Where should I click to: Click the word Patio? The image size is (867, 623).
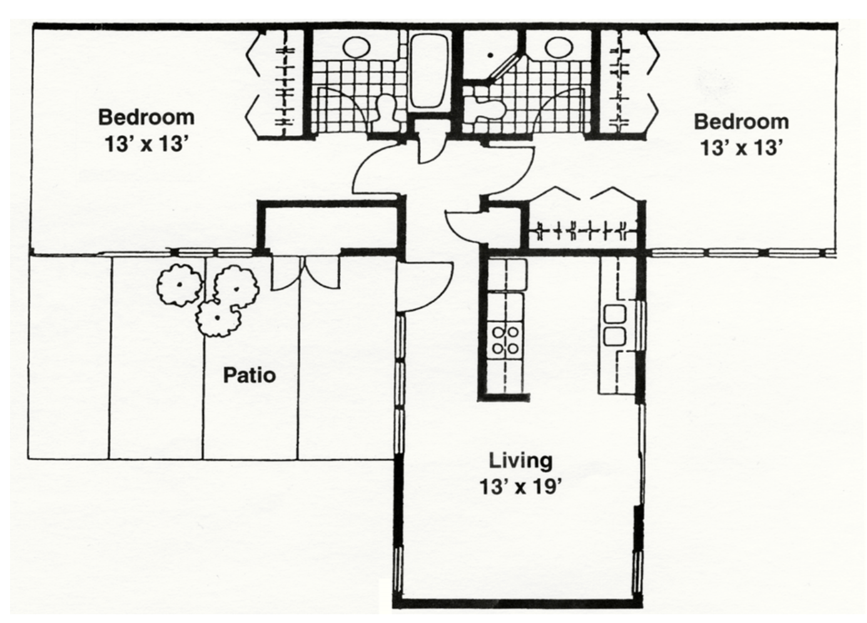[250, 375]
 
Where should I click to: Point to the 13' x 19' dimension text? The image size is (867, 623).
[520, 487]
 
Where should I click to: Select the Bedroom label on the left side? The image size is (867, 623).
[146, 117]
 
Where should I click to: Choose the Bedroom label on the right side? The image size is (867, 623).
[741, 122]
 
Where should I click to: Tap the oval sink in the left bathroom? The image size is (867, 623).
[357, 47]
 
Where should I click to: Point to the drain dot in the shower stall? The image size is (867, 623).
[491, 55]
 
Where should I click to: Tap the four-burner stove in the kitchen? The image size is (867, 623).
[505, 340]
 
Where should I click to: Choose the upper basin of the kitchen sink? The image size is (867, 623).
[614, 315]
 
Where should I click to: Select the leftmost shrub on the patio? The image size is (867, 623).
[180, 285]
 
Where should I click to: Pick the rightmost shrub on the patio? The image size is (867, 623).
[236, 288]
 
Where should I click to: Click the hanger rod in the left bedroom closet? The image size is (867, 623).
[285, 83]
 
